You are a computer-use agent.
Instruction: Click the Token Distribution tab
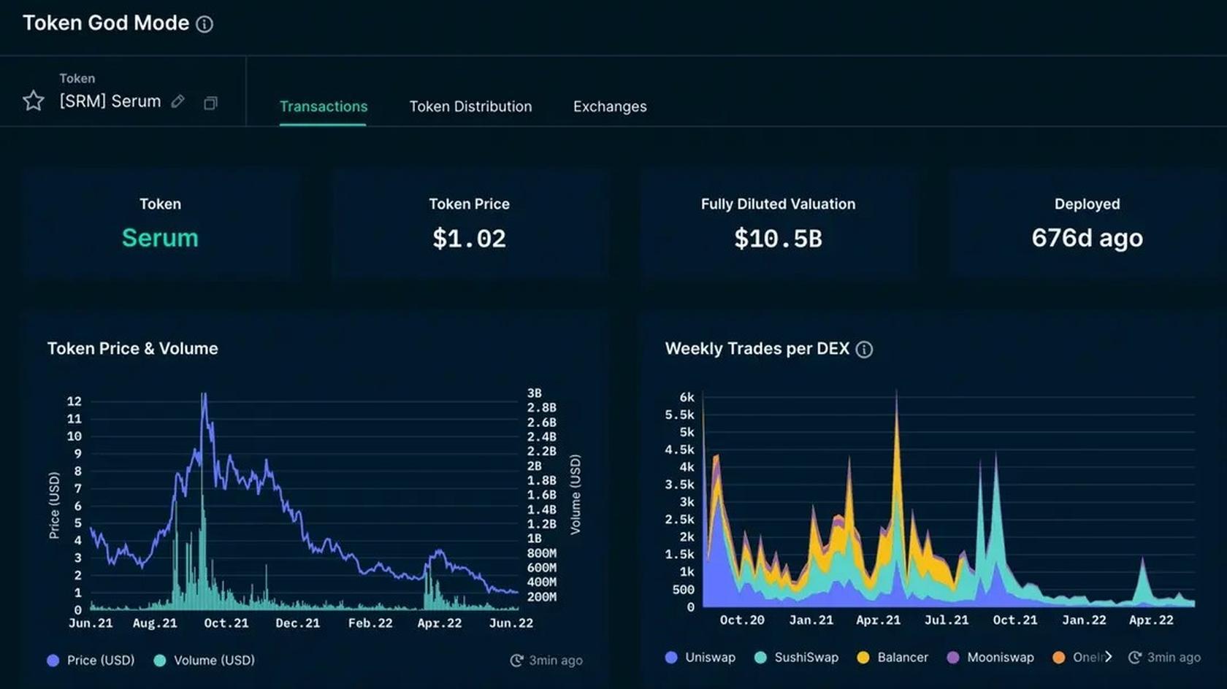coord(470,107)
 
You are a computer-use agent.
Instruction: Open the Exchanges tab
coord(610,107)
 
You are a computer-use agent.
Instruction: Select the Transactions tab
coord(324,107)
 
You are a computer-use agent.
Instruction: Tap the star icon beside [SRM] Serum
coord(34,101)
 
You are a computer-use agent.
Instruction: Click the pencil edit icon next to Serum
coord(177,101)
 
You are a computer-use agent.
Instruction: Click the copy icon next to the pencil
coord(210,103)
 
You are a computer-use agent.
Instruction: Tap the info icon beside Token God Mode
coord(205,24)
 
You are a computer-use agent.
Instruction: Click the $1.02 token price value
coord(469,239)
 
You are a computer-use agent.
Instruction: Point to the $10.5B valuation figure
coord(778,239)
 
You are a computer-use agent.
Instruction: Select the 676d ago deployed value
coord(1087,238)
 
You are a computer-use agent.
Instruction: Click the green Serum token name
coord(160,238)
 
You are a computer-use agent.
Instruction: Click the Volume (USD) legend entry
coord(205,661)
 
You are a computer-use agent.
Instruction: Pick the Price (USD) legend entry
coord(91,661)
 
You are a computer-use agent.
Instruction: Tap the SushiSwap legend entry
coord(797,658)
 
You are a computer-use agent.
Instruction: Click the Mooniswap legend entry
coord(991,658)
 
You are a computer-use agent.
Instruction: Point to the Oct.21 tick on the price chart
coord(226,623)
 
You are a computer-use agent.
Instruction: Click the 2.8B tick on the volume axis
coord(541,407)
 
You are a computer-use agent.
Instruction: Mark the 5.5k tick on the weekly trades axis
coord(679,415)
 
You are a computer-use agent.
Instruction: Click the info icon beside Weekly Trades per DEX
coord(864,350)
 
